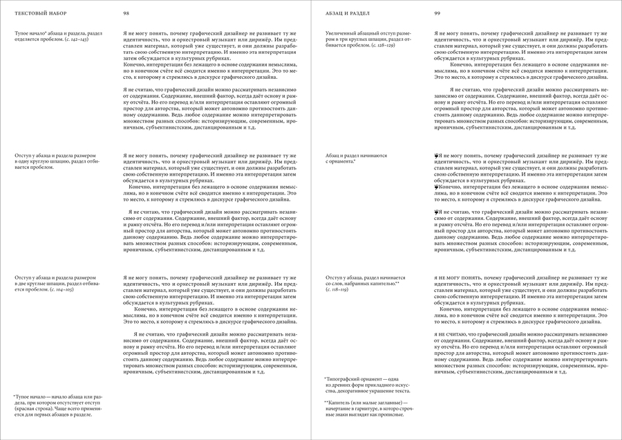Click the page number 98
(126, 13)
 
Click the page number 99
(437, 13)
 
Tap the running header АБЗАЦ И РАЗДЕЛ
(348, 13)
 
